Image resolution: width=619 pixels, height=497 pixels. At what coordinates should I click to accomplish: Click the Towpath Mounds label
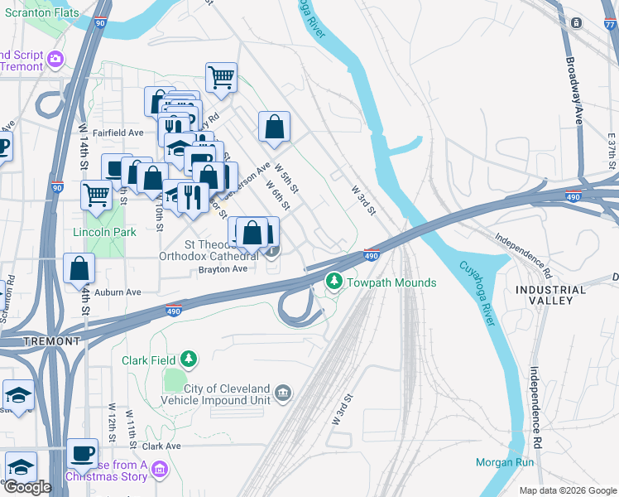point(391,283)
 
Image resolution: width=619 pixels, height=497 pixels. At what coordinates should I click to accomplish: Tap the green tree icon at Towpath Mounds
point(334,282)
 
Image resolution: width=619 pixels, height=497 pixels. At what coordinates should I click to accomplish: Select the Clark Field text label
point(149,360)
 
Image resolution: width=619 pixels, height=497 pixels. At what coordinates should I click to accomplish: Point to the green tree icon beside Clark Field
point(190,359)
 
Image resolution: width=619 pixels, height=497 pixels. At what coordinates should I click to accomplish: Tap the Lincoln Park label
point(104,233)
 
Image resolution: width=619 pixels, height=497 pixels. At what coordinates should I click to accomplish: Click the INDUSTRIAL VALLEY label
point(550,295)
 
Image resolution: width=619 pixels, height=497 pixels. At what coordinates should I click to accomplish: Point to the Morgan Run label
point(505,462)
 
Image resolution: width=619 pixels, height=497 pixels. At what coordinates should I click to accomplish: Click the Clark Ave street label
point(161,446)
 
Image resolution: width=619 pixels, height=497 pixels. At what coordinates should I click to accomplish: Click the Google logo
point(27,487)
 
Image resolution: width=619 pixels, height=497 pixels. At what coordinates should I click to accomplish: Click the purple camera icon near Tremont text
point(55,58)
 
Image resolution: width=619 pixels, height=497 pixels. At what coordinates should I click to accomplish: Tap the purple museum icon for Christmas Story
point(160,470)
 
